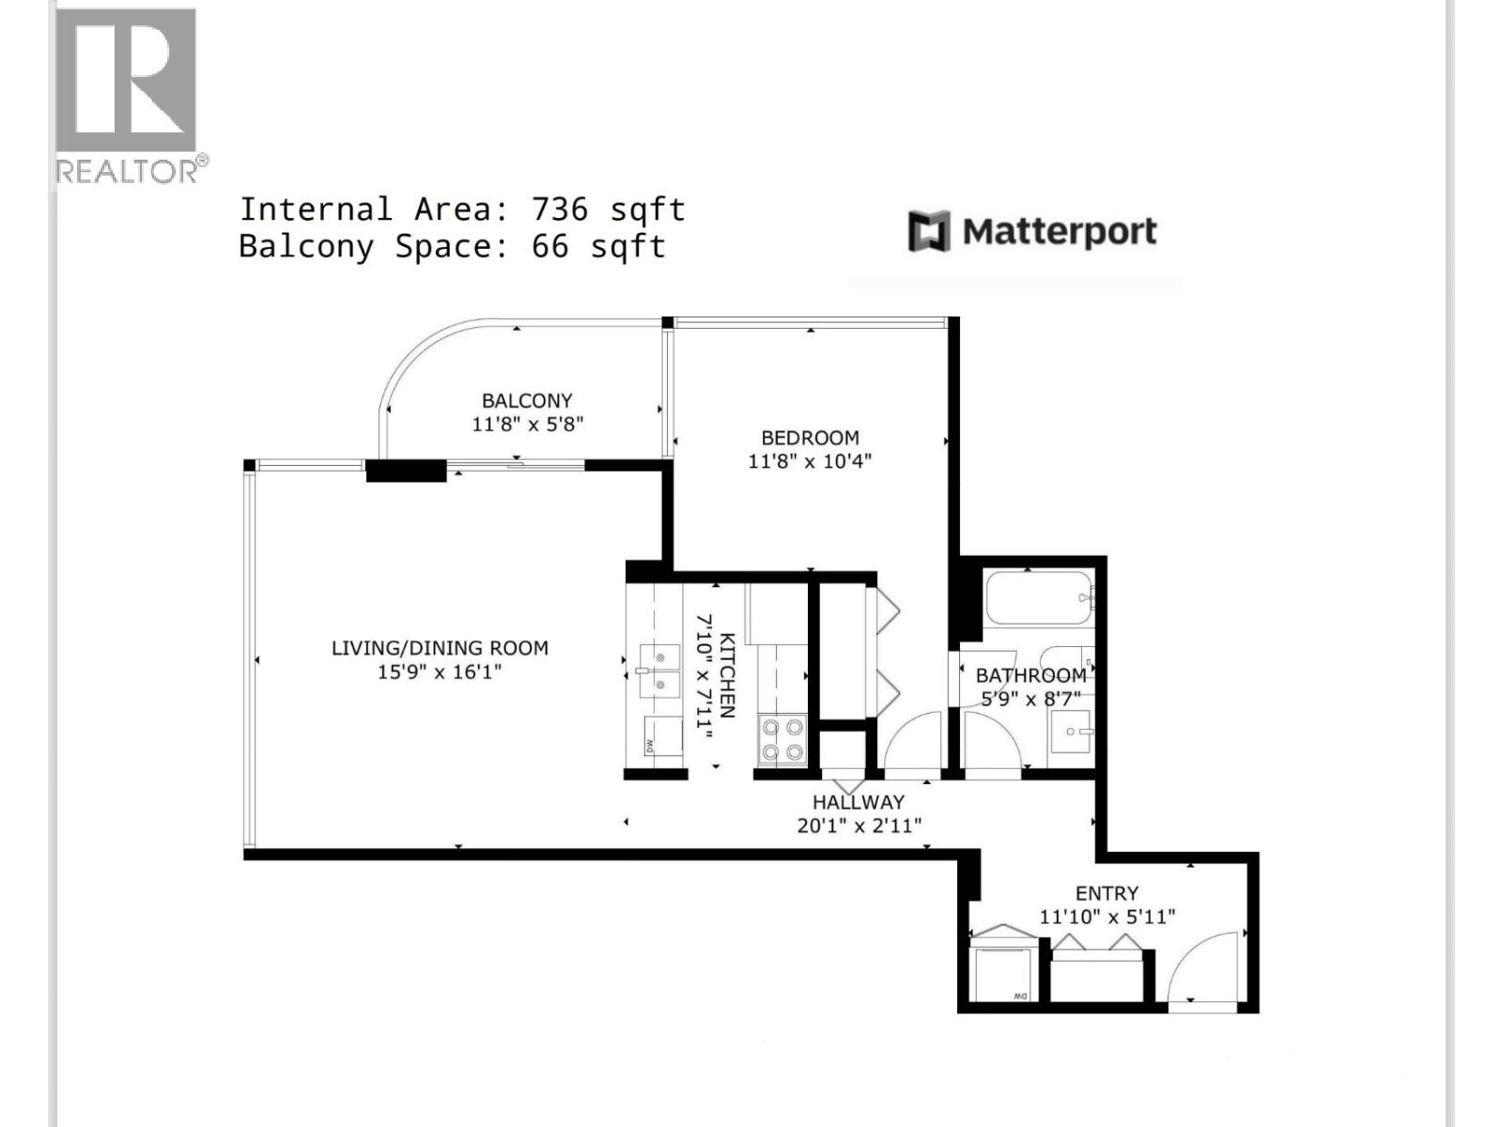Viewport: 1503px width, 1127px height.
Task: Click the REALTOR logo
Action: [126, 94]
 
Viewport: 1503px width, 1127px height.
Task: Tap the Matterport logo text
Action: [1059, 231]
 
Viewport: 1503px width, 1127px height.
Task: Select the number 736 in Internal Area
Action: [560, 208]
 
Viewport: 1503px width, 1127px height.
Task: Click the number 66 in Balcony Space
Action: [550, 246]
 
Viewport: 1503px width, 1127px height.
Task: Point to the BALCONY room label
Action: [527, 401]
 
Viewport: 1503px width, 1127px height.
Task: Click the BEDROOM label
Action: [810, 438]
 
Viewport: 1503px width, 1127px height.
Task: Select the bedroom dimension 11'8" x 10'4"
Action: [810, 461]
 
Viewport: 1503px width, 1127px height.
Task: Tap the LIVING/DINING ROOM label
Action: [440, 648]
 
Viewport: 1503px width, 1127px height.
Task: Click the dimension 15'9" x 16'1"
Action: [440, 672]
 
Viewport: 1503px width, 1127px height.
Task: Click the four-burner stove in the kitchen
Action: [782, 738]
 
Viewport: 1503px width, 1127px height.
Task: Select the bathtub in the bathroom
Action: [1038, 597]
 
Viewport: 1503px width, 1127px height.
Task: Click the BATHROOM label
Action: [1030, 675]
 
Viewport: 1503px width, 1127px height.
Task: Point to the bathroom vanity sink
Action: [1071, 731]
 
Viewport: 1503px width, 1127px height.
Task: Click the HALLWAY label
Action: [858, 802]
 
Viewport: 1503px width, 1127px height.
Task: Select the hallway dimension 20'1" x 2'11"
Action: [859, 826]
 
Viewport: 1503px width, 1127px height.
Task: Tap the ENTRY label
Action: [1107, 893]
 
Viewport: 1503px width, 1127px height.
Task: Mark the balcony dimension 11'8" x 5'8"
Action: [527, 425]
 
